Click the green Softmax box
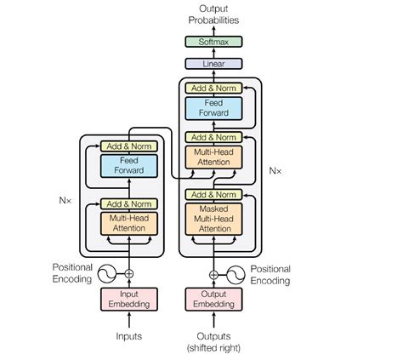(213, 41)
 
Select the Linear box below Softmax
(213, 63)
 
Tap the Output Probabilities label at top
(213, 14)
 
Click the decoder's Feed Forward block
(213, 107)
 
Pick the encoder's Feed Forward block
(129, 166)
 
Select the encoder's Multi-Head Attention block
(129, 224)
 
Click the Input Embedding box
(129, 300)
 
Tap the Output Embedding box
(213, 300)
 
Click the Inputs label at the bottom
(129, 337)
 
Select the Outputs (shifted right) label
(213, 342)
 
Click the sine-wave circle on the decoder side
(235, 274)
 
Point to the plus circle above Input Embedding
(129, 274)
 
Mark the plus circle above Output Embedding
(213, 274)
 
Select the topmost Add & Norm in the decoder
(213, 88)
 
